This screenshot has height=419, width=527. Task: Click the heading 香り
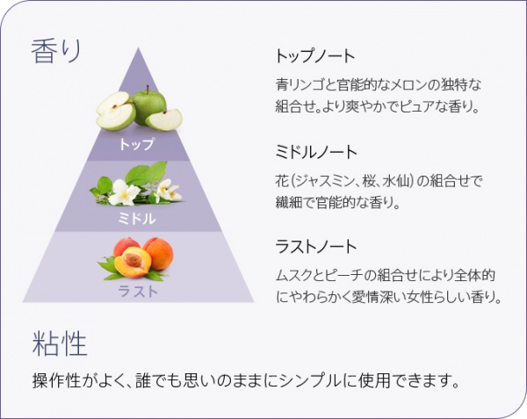[56, 51]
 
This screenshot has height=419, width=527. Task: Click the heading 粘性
[60, 343]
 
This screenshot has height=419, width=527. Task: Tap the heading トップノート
[315, 55]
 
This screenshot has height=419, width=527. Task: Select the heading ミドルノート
[316, 152]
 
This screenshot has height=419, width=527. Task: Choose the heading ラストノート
[316, 246]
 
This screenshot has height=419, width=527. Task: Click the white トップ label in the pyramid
[137, 144]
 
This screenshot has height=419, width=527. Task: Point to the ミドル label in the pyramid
[137, 219]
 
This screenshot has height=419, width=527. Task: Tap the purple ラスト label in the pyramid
[138, 291]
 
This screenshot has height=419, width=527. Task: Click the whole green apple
[149, 105]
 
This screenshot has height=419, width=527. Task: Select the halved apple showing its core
[116, 112]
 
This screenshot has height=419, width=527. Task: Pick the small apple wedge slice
[164, 119]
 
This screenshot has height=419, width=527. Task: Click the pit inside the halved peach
[134, 260]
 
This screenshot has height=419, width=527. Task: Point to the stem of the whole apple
[148, 90]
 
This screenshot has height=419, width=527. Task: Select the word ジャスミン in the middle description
[324, 182]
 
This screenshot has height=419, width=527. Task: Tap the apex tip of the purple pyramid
[138, 48]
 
